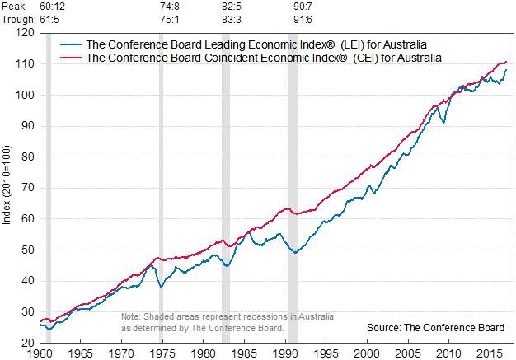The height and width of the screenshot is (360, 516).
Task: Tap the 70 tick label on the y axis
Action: pyautogui.click(x=26, y=188)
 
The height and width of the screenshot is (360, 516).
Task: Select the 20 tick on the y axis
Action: pyautogui.click(x=26, y=343)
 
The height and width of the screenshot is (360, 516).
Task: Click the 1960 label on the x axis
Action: pyautogui.click(x=40, y=353)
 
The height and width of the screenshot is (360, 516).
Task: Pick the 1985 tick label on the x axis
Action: pyautogui.click(x=245, y=353)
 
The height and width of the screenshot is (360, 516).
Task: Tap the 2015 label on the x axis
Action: pyautogui.click(x=490, y=353)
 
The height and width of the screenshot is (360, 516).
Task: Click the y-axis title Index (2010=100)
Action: pyautogui.click(x=7, y=188)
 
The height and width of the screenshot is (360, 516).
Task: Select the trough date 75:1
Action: pyautogui.click(x=171, y=17)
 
